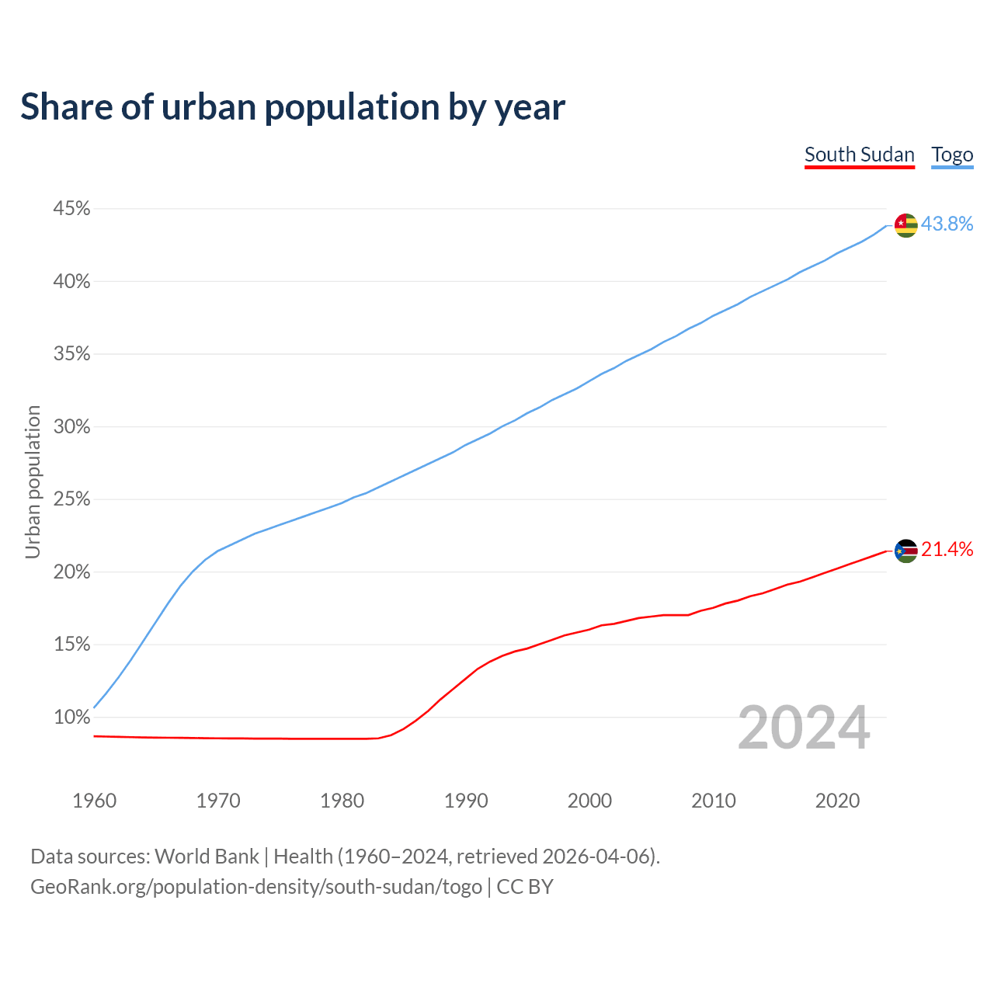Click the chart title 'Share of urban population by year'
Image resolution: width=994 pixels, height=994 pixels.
pos(293,107)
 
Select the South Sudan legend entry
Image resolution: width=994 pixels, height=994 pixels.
pos(859,155)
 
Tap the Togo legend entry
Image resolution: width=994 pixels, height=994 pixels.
pos(952,155)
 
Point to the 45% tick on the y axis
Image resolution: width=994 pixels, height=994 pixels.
pos(71,209)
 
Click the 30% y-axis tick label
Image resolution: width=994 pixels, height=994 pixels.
pos(71,427)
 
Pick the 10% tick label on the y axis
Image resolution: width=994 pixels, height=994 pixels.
pos(71,718)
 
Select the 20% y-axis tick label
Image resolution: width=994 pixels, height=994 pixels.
pos(71,572)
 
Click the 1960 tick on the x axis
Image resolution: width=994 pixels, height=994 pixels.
pos(94,801)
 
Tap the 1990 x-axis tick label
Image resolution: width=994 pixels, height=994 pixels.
pos(466,801)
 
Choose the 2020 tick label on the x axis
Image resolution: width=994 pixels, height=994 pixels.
pos(837,801)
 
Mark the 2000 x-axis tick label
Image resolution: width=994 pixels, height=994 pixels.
pos(589,801)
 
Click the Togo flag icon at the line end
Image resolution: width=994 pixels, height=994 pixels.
pos(906,225)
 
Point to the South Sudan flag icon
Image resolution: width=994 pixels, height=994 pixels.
pos(906,551)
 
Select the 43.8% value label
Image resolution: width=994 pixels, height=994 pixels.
pos(947,224)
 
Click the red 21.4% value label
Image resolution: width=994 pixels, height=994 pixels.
pos(947,550)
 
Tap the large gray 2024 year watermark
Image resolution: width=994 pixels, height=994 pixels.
pos(804,728)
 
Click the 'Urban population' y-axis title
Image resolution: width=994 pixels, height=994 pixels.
pos(33,481)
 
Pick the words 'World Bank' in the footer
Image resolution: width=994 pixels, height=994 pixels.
pos(207,857)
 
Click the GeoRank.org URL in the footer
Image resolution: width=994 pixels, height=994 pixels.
pos(256,887)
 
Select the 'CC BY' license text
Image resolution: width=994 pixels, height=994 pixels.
pos(525,887)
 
